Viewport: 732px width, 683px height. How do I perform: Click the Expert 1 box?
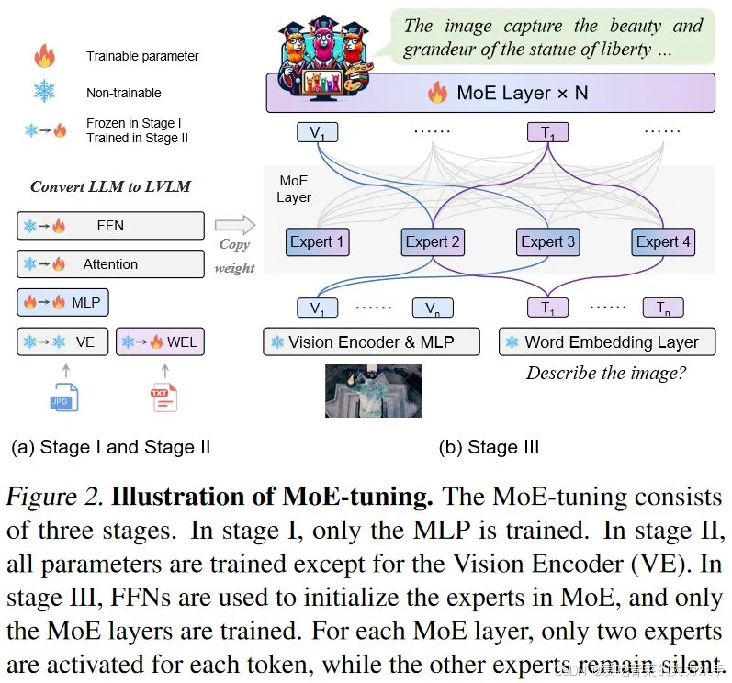pos(317,242)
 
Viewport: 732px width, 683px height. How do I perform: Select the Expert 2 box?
pos(433,242)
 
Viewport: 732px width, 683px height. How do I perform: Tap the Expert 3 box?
pos(547,242)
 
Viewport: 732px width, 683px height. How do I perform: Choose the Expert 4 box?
pos(663,242)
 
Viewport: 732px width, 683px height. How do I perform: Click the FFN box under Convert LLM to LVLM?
pos(110,225)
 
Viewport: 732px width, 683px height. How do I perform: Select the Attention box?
pos(110,264)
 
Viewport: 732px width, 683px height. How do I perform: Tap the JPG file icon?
pos(64,396)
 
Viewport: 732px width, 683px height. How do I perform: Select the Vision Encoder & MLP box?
pos(372,342)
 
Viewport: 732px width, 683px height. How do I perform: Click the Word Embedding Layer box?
pos(606,342)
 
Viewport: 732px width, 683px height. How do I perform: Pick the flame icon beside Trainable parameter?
pos(44,57)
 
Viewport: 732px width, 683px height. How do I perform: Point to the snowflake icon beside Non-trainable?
pos(44,91)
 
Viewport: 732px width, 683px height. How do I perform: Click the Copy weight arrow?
pos(233,225)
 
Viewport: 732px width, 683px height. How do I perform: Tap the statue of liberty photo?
pos(373,389)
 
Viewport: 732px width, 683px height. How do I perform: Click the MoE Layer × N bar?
pos(490,93)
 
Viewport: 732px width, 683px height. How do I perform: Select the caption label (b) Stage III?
pos(489,448)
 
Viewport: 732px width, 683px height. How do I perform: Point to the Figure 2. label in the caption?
pos(56,498)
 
